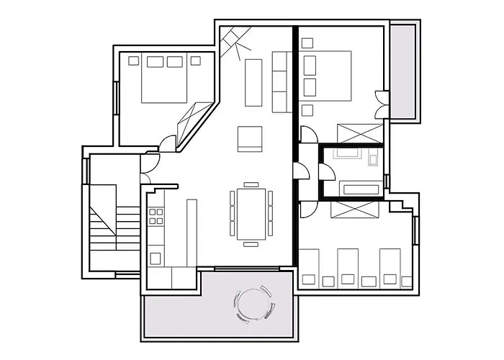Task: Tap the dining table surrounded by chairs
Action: click(251, 212)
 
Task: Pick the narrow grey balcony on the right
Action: click(402, 72)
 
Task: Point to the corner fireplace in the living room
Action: click(235, 41)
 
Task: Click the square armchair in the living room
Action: click(250, 138)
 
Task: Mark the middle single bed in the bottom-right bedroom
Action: click(348, 266)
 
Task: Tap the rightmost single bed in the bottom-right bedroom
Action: click(390, 266)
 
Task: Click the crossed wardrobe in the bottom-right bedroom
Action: click(354, 209)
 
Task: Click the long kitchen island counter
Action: click(192, 232)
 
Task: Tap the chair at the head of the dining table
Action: click(251, 184)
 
